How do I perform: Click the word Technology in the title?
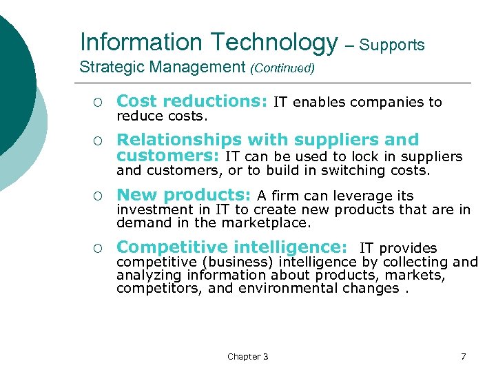pos(274,43)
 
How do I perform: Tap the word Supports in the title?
pos(392,45)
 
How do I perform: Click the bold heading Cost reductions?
pos(192,102)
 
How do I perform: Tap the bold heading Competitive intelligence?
pos(231,247)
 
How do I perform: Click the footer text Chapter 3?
pos(248,356)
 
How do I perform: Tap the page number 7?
pos(463,356)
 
